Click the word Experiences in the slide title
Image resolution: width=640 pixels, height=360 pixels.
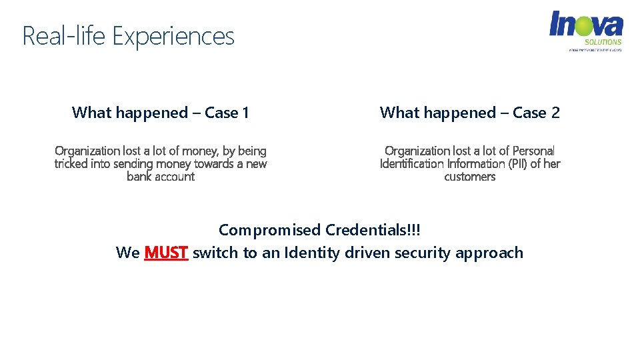(x=173, y=36)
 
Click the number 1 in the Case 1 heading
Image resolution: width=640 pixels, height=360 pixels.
(x=245, y=113)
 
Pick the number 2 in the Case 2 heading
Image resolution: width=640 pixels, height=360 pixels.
(x=555, y=113)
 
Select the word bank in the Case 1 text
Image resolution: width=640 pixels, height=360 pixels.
(x=140, y=177)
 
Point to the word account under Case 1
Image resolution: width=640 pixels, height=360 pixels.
(x=175, y=177)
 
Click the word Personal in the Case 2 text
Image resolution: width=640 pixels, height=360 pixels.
(x=533, y=151)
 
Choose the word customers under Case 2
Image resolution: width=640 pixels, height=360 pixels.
(x=470, y=177)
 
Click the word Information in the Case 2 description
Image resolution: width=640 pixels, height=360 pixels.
(x=476, y=164)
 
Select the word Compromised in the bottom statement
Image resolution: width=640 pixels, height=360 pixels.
(x=269, y=230)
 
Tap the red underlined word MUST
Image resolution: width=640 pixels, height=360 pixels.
(x=166, y=253)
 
